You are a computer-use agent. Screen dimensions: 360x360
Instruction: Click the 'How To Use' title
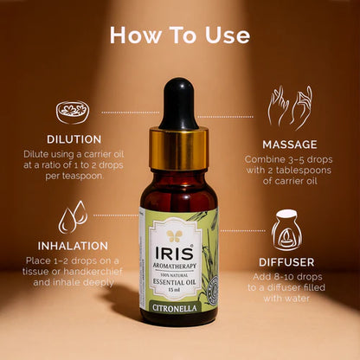180,35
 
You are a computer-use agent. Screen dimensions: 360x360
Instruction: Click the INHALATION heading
72,246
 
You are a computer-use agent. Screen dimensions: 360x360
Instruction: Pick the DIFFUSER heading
286,261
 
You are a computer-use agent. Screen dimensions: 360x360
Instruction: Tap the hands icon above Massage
289,106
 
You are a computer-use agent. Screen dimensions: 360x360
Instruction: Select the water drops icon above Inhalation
72,216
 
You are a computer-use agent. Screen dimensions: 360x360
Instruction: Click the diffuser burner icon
286,231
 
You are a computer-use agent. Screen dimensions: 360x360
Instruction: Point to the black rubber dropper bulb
179,101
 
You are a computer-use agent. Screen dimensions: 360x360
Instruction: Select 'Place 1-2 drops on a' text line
72,260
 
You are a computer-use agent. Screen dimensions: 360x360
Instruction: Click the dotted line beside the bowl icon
130,112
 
